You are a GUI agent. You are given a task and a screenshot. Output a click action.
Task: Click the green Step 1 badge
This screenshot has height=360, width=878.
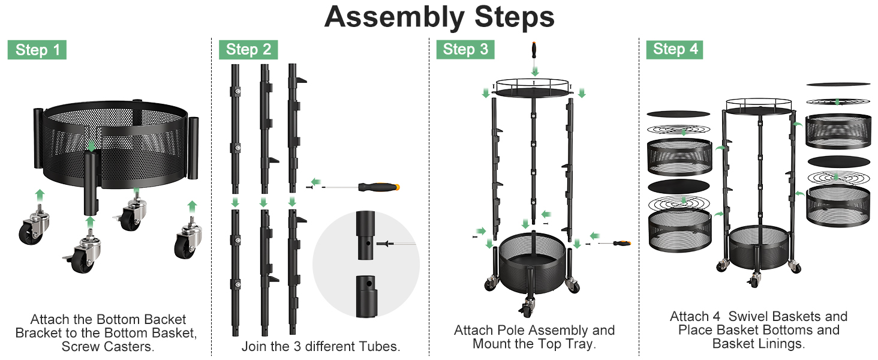(37, 50)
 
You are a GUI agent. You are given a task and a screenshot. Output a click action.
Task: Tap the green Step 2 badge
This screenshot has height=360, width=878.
(248, 49)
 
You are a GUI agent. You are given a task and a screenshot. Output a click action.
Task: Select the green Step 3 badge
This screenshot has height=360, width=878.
(465, 49)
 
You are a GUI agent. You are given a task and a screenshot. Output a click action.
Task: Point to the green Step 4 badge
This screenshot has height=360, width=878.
(675, 49)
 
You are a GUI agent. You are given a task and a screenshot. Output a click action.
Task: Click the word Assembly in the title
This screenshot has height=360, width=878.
(394, 17)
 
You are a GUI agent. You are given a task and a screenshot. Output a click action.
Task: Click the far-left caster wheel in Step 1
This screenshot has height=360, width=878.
(34, 227)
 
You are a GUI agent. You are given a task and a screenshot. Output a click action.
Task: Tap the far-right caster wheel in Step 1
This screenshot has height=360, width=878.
(188, 239)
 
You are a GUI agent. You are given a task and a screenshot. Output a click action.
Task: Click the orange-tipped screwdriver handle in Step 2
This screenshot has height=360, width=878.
(378, 187)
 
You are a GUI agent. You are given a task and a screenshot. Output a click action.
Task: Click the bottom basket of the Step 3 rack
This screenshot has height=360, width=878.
(532, 263)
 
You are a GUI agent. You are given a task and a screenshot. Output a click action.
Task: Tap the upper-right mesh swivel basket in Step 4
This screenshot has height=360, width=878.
(838, 131)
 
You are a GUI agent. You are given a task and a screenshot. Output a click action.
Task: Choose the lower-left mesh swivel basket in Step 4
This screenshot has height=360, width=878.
(679, 230)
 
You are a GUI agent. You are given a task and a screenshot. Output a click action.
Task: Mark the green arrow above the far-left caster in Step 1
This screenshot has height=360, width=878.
(40, 195)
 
